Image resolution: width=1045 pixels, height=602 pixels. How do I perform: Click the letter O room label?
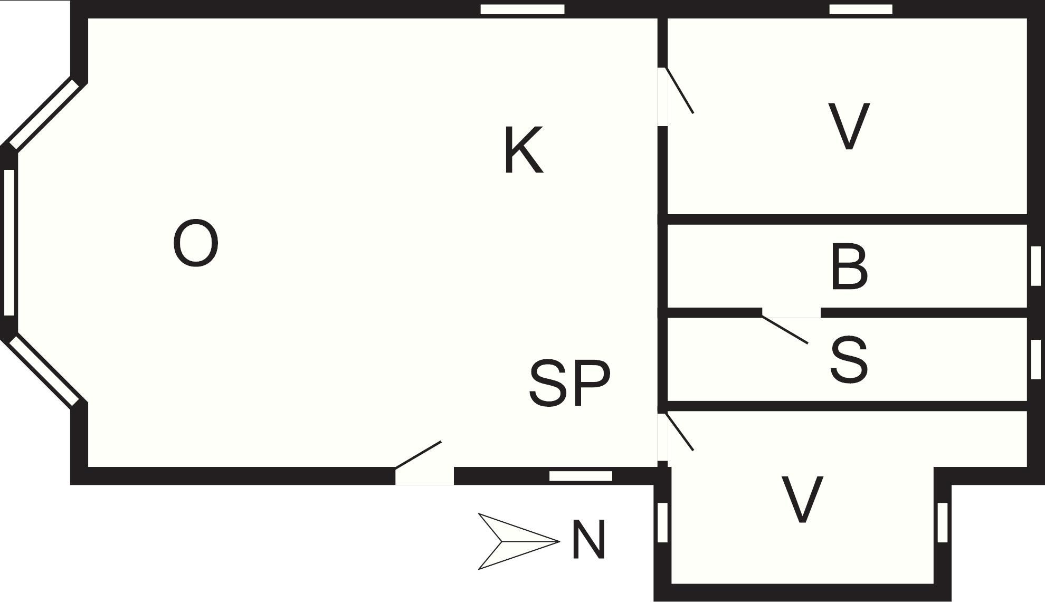coord(196,243)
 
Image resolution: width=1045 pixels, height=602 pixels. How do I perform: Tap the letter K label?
coord(524,150)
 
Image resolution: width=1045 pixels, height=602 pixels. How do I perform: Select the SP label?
coord(569,383)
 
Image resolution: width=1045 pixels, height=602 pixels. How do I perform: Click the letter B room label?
coord(849,267)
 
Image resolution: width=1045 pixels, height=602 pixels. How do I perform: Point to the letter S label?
coord(849,360)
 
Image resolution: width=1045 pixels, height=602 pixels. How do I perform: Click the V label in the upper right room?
coord(849,127)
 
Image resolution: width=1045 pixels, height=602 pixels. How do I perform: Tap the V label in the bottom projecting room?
coord(802,500)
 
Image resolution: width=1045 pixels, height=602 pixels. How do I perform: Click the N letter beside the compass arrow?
coord(588,540)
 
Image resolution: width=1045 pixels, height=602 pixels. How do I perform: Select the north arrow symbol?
coord(518,541)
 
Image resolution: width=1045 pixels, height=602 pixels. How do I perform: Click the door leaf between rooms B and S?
coord(785,329)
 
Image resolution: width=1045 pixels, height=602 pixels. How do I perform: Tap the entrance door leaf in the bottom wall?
coord(418,455)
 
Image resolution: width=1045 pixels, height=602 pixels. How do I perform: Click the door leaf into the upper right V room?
coord(680,90)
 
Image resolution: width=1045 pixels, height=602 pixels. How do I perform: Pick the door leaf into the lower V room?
coord(680,432)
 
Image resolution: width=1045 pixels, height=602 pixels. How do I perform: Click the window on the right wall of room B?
coord(1035,266)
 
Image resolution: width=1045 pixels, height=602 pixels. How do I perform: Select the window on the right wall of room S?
coord(1035,359)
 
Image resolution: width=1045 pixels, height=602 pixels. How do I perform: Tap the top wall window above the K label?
coord(522,9)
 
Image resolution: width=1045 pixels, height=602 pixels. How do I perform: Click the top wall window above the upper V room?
coord(861,9)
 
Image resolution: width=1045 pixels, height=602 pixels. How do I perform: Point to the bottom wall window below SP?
coord(581,476)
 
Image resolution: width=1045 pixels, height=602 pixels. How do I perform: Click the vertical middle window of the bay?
coord(9,242)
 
